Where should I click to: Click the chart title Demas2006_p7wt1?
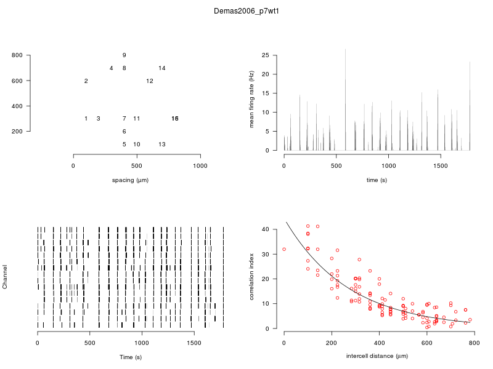[246, 11]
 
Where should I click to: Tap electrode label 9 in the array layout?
[124, 55]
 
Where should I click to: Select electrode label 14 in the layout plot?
[162, 68]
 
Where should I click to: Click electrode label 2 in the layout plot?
[86, 81]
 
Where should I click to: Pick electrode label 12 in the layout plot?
[150, 81]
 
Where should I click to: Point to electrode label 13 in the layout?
[162, 145]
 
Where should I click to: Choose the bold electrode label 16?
[175, 119]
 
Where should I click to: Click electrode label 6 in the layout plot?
[124, 132]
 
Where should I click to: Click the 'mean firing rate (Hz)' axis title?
[251, 100]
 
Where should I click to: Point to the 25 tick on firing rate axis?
[266, 55]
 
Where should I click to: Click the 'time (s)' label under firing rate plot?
[377, 180]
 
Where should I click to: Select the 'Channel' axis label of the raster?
[6, 277]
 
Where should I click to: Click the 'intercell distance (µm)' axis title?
[377, 356]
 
